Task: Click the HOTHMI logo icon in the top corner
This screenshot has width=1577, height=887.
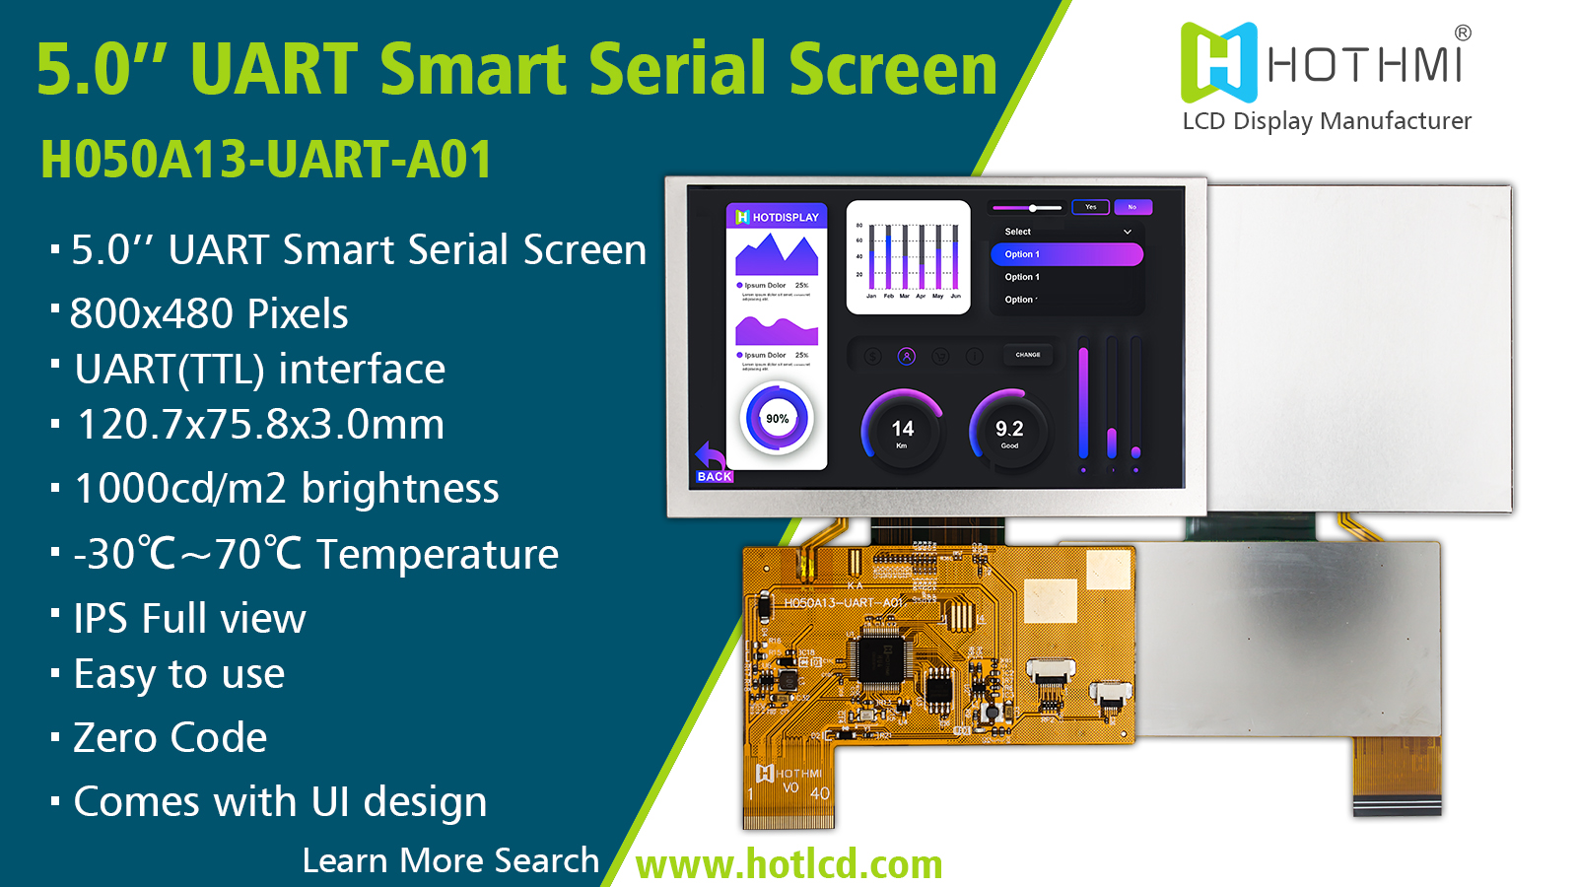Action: coord(1219,63)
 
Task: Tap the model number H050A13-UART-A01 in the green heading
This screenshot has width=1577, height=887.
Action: coord(266,160)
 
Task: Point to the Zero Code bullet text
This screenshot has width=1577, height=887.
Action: coord(171,738)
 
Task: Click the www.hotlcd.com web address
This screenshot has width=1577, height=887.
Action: coord(788,864)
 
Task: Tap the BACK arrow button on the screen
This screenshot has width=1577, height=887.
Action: coord(713,463)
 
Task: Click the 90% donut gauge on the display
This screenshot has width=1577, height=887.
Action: coord(777,419)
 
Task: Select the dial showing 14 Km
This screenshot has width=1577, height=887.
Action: coord(902,430)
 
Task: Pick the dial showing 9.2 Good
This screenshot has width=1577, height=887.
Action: coord(1009,430)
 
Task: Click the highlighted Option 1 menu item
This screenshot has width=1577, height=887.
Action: coord(1066,254)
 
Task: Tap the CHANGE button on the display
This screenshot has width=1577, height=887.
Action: coord(1028,355)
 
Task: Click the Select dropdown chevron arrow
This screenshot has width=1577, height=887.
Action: coord(1128,232)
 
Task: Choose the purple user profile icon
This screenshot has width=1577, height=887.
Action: coord(907,356)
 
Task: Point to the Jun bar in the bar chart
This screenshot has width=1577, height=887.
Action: coord(955,258)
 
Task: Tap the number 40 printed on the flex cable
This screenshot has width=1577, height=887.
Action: coord(819,793)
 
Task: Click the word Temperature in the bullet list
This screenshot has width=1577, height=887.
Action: coord(438,554)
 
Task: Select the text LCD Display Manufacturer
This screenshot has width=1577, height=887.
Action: coord(1327,121)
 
